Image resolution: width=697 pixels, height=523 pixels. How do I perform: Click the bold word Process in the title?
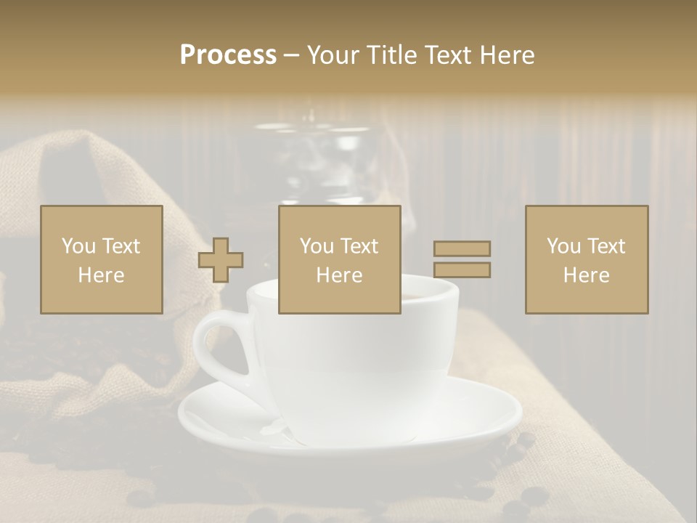(x=228, y=55)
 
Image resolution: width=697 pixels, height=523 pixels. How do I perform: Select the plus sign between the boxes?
(x=221, y=260)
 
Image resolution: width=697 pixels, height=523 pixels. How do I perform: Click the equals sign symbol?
(x=462, y=259)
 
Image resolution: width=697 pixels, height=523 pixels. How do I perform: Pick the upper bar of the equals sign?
(x=462, y=248)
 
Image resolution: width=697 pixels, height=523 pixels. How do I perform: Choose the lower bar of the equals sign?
(x=462, y=270)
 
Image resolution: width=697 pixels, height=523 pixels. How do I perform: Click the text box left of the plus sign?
(x=102, y=259)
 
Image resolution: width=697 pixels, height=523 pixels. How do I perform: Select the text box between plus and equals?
(x=339, y=259)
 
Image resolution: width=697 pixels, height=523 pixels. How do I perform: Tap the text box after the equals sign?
(x=587, y=259)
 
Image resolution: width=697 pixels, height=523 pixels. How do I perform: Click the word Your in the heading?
(x=331, y=55)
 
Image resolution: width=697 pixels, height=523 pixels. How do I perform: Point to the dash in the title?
(x=292, y=55)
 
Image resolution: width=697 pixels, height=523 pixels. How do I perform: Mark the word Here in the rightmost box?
(x=587, y=275)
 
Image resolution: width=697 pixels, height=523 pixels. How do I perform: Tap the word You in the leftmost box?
(x=78, y=246)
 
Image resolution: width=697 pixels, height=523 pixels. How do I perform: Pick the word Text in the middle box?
(x=359, y=246)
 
